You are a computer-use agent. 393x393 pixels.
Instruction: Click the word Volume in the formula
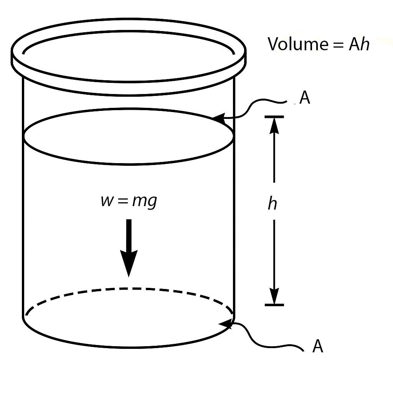296,44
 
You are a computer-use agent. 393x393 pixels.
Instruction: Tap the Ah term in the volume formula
359,44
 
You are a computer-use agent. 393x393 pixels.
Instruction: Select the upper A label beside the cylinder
304,98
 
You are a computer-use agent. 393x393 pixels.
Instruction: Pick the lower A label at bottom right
318,346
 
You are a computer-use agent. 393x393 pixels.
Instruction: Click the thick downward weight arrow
129,246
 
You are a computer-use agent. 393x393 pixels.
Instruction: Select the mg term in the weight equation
145,201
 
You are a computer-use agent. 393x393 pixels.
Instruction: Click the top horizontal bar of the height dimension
274,116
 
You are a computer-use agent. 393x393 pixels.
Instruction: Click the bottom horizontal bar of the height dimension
274,305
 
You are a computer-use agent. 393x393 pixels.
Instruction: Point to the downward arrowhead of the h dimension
274,296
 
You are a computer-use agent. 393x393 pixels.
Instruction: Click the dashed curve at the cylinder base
129,289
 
